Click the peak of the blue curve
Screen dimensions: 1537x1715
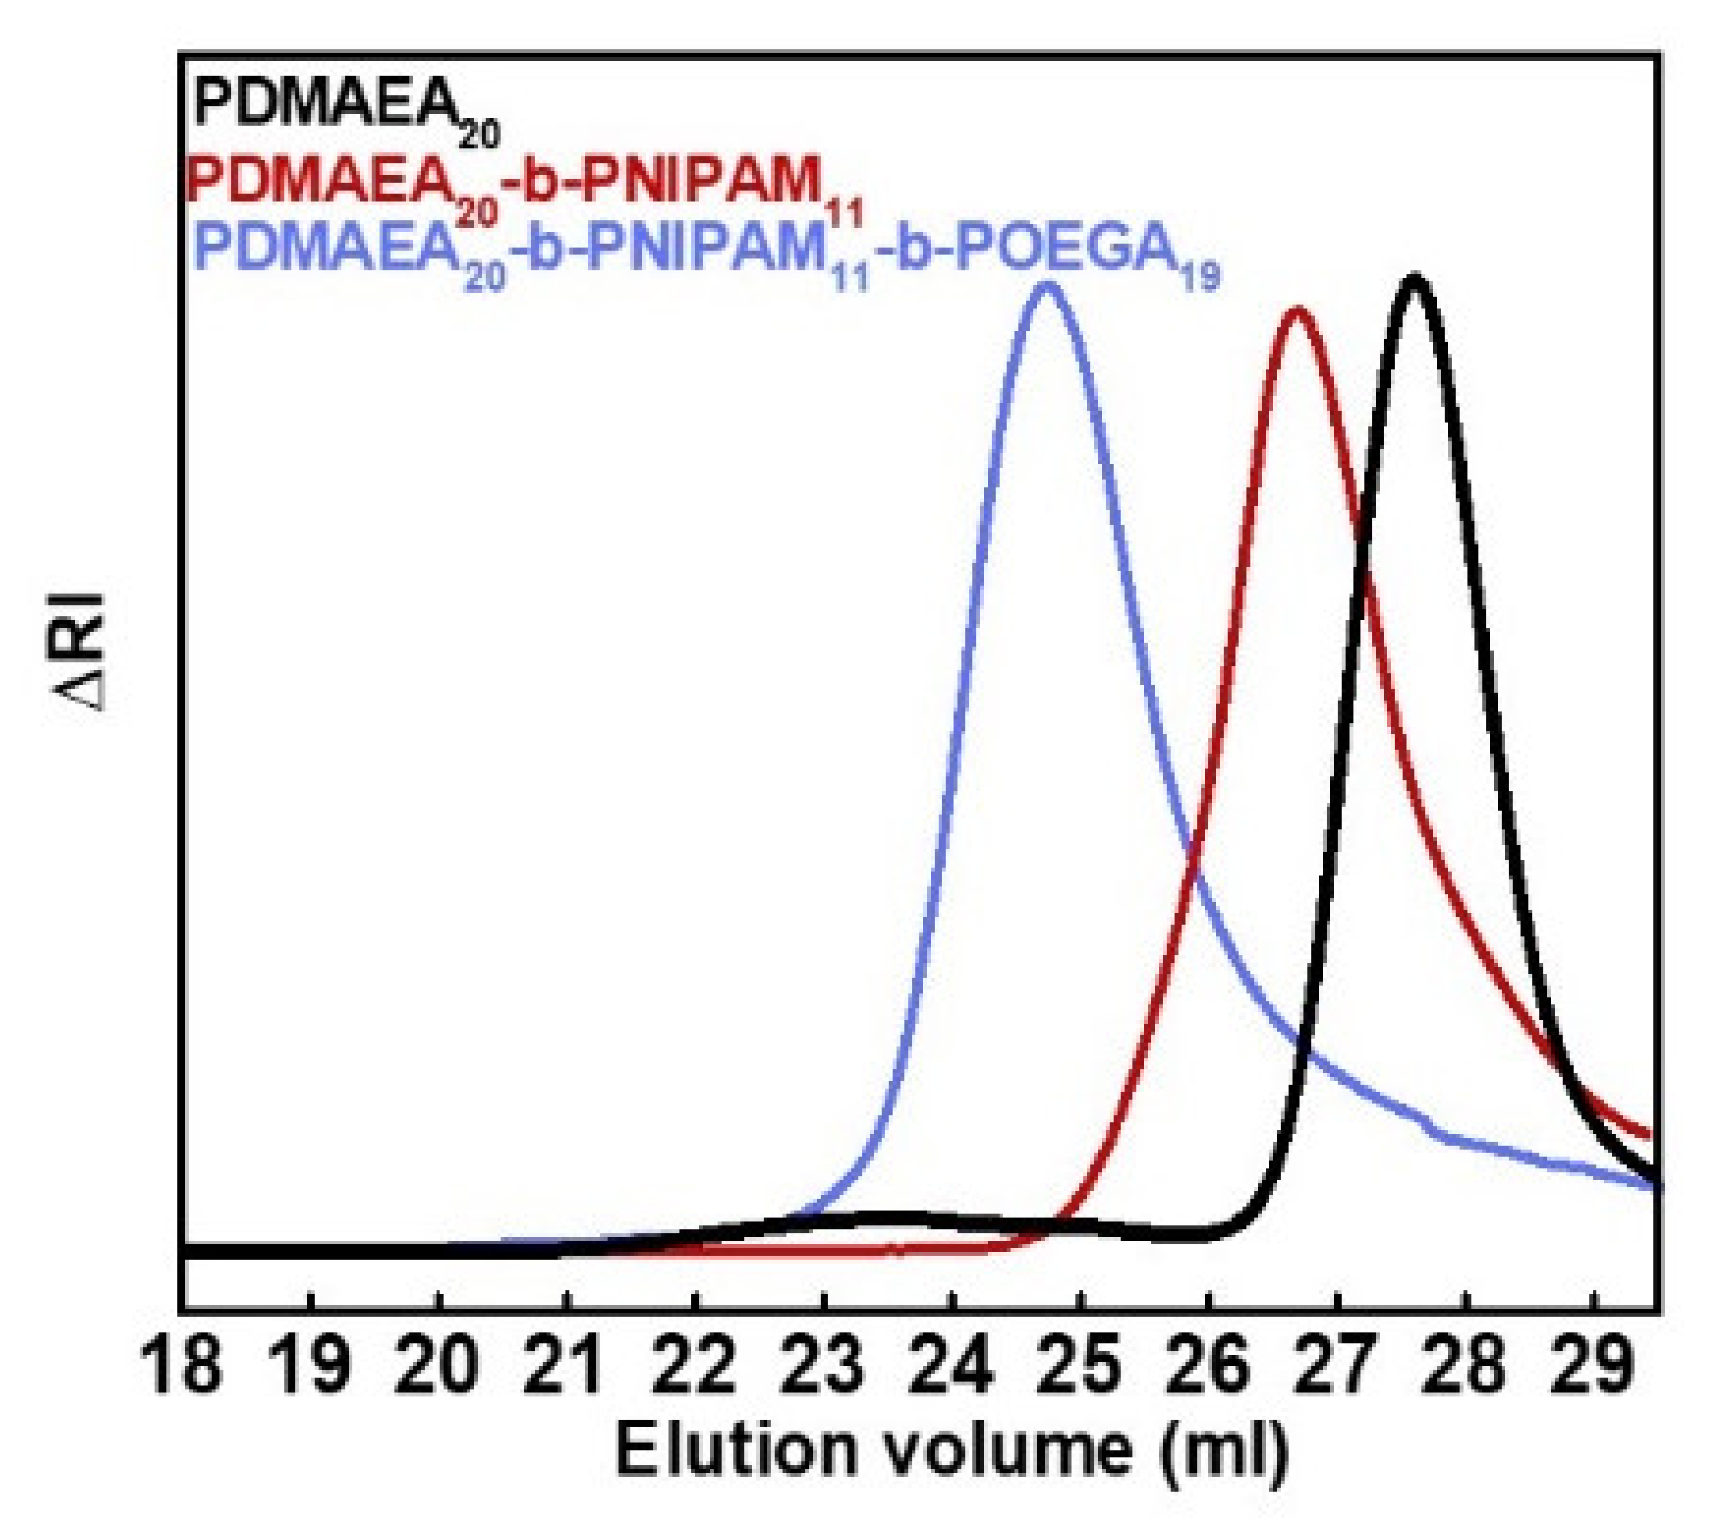(1047, 287)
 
